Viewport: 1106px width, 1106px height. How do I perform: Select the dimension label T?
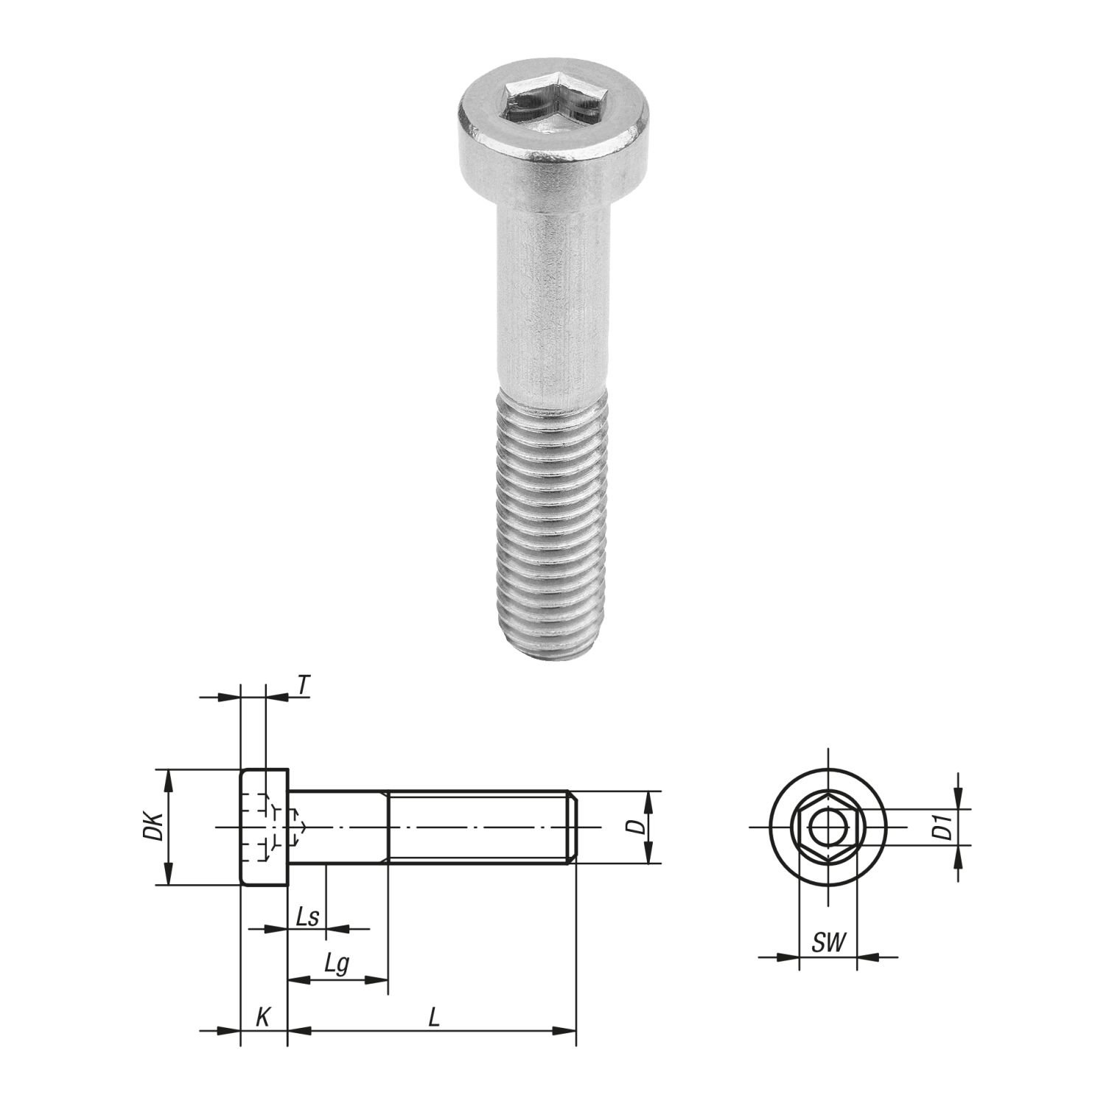pos(302,685)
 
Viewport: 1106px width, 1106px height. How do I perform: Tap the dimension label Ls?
pos(307,918)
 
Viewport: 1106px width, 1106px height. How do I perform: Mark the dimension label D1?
pos(941,827)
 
